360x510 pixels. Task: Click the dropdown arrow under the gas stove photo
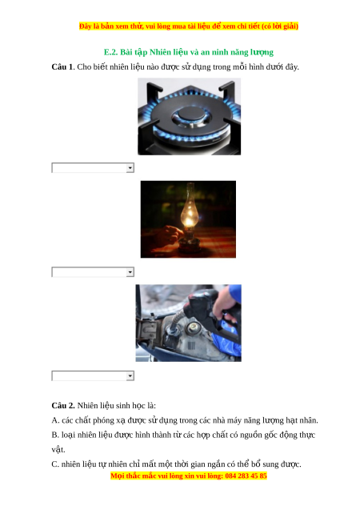pos(130,168)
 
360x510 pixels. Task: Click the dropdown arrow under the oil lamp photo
pos(130,272)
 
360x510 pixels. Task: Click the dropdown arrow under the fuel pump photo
pos(130,376)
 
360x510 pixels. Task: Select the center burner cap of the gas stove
pos(190,114)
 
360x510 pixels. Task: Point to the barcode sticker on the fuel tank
pos(191,345)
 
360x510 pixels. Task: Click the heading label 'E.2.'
pos(110,52)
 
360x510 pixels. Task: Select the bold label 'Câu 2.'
pos(63,406)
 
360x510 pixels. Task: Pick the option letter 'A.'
pos(55,420)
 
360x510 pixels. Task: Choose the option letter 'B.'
pos(55,435)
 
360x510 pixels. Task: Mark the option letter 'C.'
pos(55,464)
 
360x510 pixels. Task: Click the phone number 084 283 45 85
pos(246,476)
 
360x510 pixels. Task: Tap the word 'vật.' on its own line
pos(58,449)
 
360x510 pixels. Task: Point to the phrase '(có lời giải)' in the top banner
pos(280,26)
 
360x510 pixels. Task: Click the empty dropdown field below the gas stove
pos(89,168)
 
